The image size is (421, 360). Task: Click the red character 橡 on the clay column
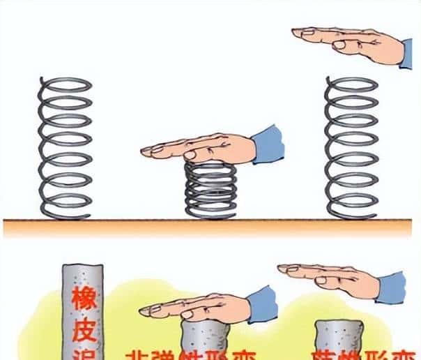coord(84,301)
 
